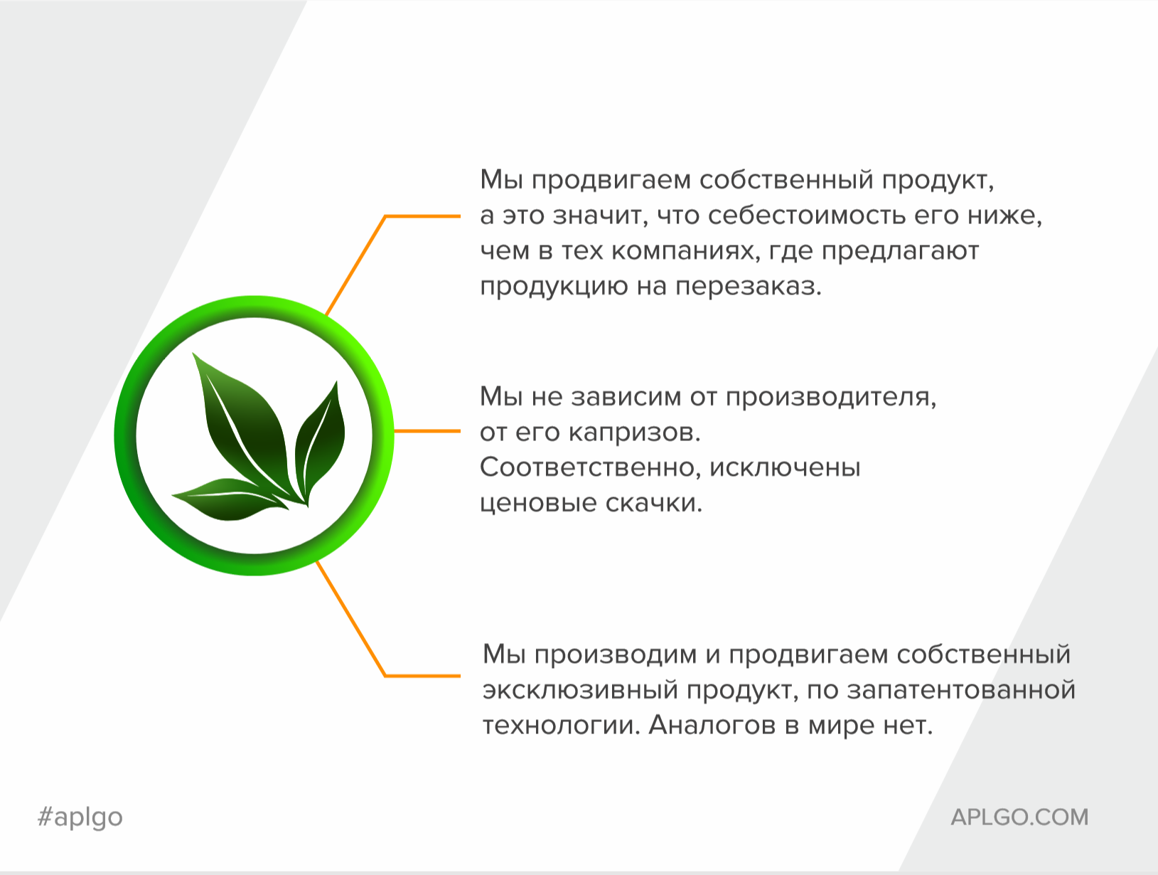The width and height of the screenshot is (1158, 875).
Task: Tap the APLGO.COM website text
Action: (1019, 817)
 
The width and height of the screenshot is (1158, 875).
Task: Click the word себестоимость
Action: (806, 216)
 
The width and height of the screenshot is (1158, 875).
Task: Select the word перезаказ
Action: (748, 287)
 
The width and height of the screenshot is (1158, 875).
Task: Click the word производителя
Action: (831, 397)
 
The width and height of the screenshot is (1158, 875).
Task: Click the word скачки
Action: (654, 503)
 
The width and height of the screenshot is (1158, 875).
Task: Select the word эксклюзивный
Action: (580, 690)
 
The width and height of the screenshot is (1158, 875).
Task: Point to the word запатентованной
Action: (961, 690)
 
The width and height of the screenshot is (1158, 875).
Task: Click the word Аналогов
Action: (712, 725)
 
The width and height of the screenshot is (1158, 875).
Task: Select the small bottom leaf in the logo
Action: (230, 499)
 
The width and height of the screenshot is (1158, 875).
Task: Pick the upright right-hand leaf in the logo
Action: (319, 440)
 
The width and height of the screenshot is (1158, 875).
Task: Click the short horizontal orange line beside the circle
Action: (427, 431)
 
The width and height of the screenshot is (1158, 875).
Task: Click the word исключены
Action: (785, 467)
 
